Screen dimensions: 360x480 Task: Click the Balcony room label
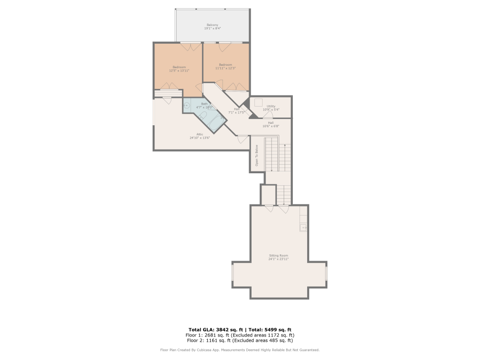point(213,25)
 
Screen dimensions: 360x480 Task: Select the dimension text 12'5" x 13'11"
point(179,71)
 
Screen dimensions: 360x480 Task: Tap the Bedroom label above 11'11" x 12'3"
point(226,65)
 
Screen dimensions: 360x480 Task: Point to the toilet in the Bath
point(203,117)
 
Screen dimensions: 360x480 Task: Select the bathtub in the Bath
point(217,120)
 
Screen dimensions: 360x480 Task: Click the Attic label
point(200,134)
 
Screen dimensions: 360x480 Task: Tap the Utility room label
point(271,106)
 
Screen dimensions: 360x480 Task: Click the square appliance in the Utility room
point(258,102)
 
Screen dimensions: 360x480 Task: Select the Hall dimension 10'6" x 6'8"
point(271,126)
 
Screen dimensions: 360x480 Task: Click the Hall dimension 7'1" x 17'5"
point(237,112)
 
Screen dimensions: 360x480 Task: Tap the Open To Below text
point(257,155)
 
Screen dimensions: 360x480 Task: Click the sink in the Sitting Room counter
point(303,228)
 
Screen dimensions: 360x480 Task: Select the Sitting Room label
point(278,255)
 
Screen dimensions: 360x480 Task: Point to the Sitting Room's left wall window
point(233,274)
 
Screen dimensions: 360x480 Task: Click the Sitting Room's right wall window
point(326,274)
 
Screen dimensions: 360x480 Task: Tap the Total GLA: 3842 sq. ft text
point(216,330)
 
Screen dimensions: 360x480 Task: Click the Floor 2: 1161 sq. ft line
point(240,340)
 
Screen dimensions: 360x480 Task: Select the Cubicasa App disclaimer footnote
point(240,350)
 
